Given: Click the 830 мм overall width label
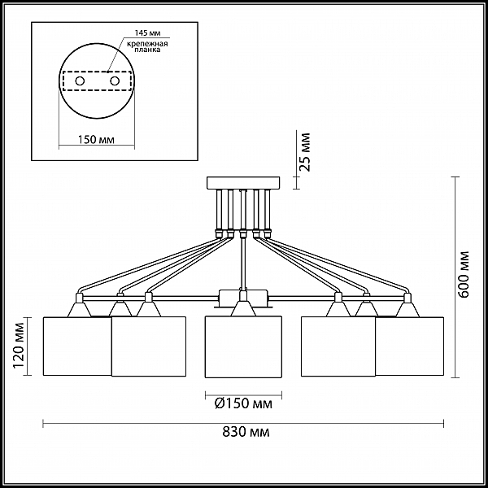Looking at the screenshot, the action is [246, 432].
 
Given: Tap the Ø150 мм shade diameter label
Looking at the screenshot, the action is [243, 403].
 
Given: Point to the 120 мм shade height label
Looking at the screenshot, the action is [19, 346].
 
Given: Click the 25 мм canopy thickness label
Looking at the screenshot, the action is [305, 152].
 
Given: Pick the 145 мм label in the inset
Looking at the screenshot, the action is [147, 33].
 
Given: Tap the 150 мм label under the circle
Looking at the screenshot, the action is [96, 140].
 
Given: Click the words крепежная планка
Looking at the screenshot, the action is [147, 46].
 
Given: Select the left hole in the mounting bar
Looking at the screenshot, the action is [80, 81].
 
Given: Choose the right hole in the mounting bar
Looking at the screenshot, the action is [115, 81].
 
